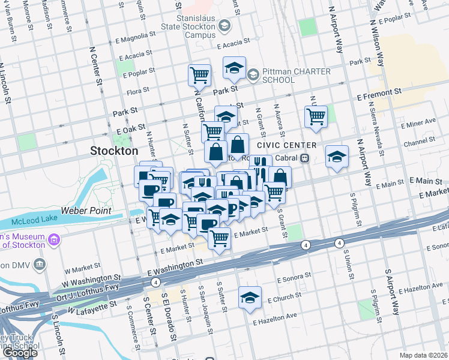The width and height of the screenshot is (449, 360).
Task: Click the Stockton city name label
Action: click(114, 151)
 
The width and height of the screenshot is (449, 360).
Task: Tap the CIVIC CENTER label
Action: click(286, 146)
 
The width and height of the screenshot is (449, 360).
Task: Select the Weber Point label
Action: click(92, 211)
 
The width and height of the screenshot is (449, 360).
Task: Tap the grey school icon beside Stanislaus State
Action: click(224, 26)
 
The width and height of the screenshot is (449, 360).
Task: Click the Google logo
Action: click(20, 353)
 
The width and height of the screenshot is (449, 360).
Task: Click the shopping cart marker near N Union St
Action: click(316, 116)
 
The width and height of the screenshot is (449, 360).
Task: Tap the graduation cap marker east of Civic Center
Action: click(337, 157)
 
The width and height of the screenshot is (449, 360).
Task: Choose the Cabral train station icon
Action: click(305, 158)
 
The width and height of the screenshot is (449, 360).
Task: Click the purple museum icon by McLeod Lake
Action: click(54, 241)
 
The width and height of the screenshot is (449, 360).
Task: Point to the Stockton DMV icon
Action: click(40, 263)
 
